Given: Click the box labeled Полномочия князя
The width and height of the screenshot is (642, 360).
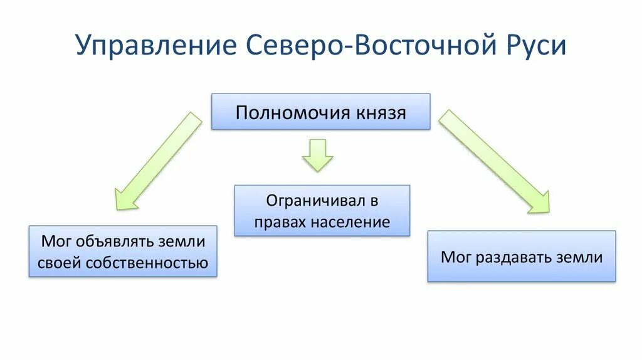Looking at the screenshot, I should pos(320,112).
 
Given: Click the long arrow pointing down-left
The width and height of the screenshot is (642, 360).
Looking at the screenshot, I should pos(159,160).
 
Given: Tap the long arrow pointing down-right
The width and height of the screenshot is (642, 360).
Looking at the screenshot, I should pos(493,161).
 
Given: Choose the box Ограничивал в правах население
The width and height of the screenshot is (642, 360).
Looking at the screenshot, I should pos(322,210).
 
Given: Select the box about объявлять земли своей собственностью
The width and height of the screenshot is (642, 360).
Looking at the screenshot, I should pos(123,251).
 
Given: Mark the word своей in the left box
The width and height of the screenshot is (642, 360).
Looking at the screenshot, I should pos(59,262).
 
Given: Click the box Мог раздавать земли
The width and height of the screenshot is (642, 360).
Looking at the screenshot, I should pos(521,256).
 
